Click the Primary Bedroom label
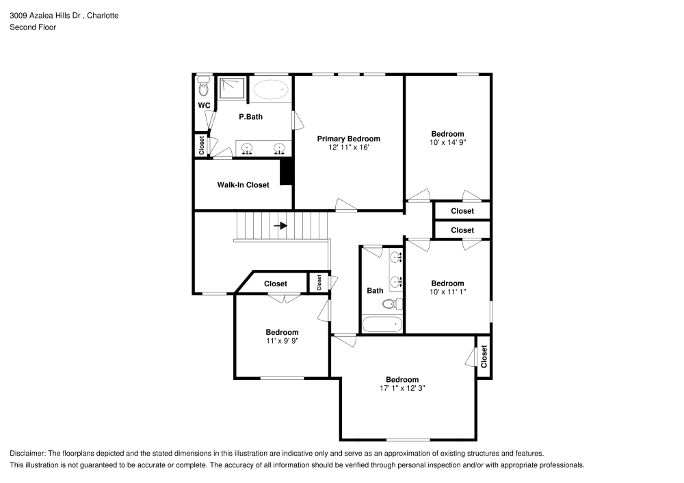[348, 139]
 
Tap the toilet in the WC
[202, 88]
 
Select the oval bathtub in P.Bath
[272, 89]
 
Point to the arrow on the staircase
[280, 225]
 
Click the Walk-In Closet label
[243, 185]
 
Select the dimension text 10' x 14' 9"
[447, 143]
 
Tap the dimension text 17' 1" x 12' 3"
[402, 388]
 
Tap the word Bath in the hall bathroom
[375, 290]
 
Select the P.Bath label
[250, 117]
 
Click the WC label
[203, 106]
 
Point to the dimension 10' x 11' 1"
[447, 292]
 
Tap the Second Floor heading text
[33, 27]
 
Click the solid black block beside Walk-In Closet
[287, 171]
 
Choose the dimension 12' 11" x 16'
[348, 147]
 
